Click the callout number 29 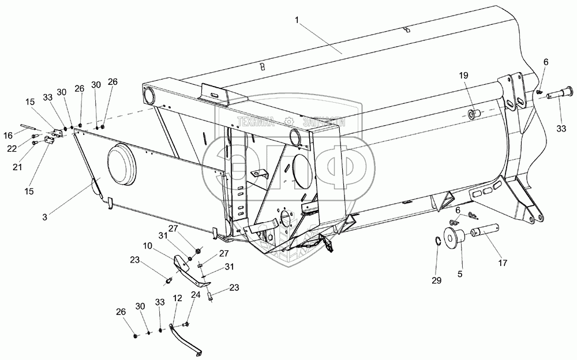click(437, 280)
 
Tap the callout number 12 click(177, 299)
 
